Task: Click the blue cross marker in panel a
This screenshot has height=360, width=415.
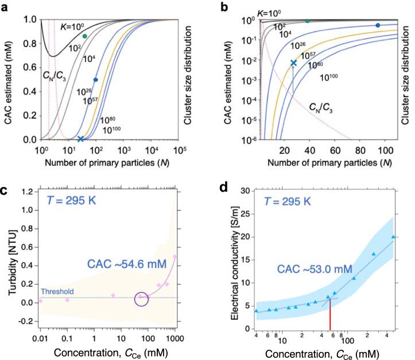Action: point(80,139)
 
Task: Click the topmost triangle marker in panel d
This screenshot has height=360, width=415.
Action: point(393,237)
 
